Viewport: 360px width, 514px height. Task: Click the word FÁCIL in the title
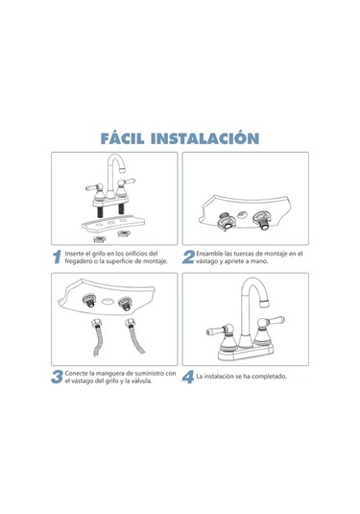(122, 138)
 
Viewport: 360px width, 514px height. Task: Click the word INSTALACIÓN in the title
(204, 138)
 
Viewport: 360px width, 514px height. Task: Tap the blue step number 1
(57, 257)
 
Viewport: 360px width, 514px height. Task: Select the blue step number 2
(188, 257)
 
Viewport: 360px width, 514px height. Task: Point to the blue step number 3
(57, 377)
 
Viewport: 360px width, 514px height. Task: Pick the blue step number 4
(188, 377)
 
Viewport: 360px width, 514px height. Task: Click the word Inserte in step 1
(73, 254)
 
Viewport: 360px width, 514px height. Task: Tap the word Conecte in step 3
(76, 374)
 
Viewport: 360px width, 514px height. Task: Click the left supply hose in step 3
(97, 336)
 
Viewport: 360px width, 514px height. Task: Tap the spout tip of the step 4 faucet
(264, 304)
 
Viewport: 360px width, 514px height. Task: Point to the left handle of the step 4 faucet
(219, 330)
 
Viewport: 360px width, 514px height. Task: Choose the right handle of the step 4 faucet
(271, 322)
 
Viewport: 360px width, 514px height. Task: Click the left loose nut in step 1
(99, 238)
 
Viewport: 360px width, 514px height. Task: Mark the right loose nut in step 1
(124, 233)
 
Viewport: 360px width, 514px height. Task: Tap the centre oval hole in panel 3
(108, 302)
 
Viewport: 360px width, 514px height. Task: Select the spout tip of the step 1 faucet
(123, 171)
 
